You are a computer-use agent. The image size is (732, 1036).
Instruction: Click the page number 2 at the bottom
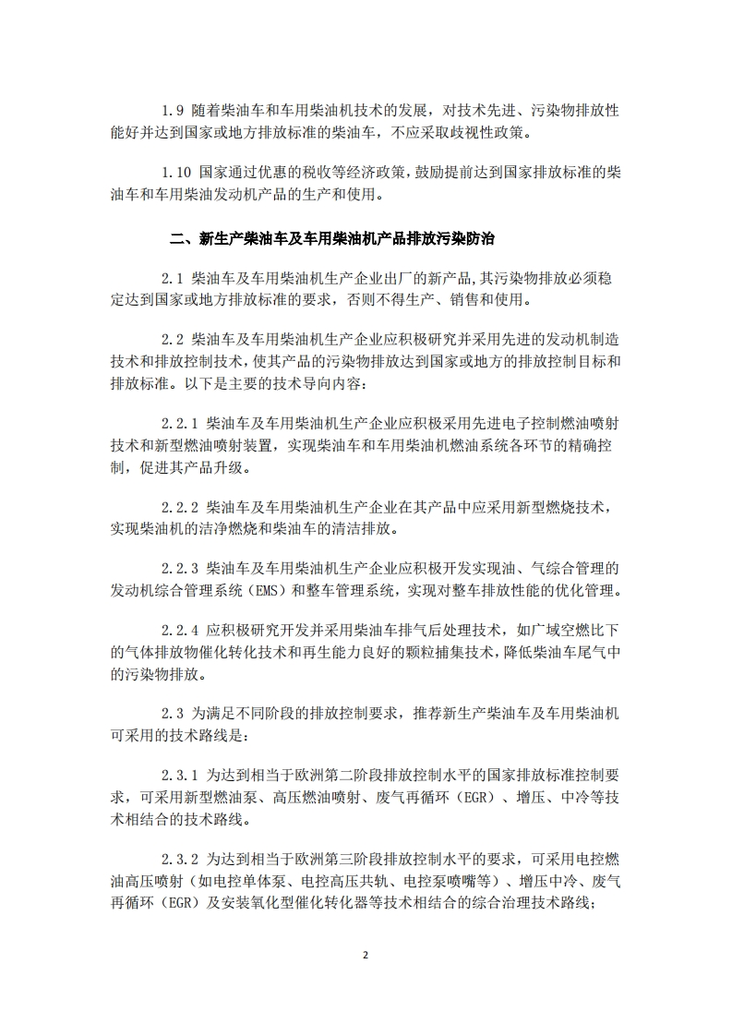click(x=366, y=955)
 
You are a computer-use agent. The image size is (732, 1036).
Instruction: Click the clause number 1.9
click(x=172, y=110)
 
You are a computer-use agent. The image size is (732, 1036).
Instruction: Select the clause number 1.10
click(x=175, y=173)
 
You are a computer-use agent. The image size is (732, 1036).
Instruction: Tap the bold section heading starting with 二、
click(x=333, y=238)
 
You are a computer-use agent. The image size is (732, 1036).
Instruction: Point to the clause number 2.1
click(x=172, y=277)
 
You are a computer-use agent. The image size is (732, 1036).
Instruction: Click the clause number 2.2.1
click(x=180, y=422)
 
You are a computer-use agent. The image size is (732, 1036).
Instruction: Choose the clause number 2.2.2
click(x=180, y=509)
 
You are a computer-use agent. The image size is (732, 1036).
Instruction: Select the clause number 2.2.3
click(x=180, y=567)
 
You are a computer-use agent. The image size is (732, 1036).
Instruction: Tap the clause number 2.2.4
click(x=180, y=630)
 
